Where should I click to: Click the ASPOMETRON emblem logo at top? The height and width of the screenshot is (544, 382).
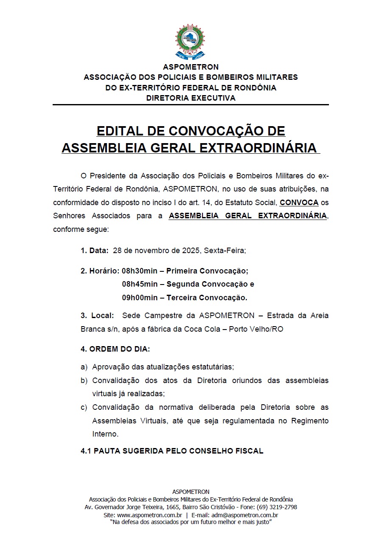(x=190, y=41)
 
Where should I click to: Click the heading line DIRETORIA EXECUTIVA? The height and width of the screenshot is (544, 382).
(x=191, y=98)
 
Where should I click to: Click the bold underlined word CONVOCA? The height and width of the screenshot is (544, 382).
(x=299, y=202)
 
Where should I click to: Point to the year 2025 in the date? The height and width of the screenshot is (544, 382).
(x=191, y=250)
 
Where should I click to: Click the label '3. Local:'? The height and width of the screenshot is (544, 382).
(x=97, y=316)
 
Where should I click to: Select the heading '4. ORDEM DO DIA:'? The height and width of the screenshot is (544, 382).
(x=115, y=349)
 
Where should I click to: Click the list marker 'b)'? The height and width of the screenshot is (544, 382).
(x=84, y=380)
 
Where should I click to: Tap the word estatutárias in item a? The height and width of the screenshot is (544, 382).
(x=212, y=366)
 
